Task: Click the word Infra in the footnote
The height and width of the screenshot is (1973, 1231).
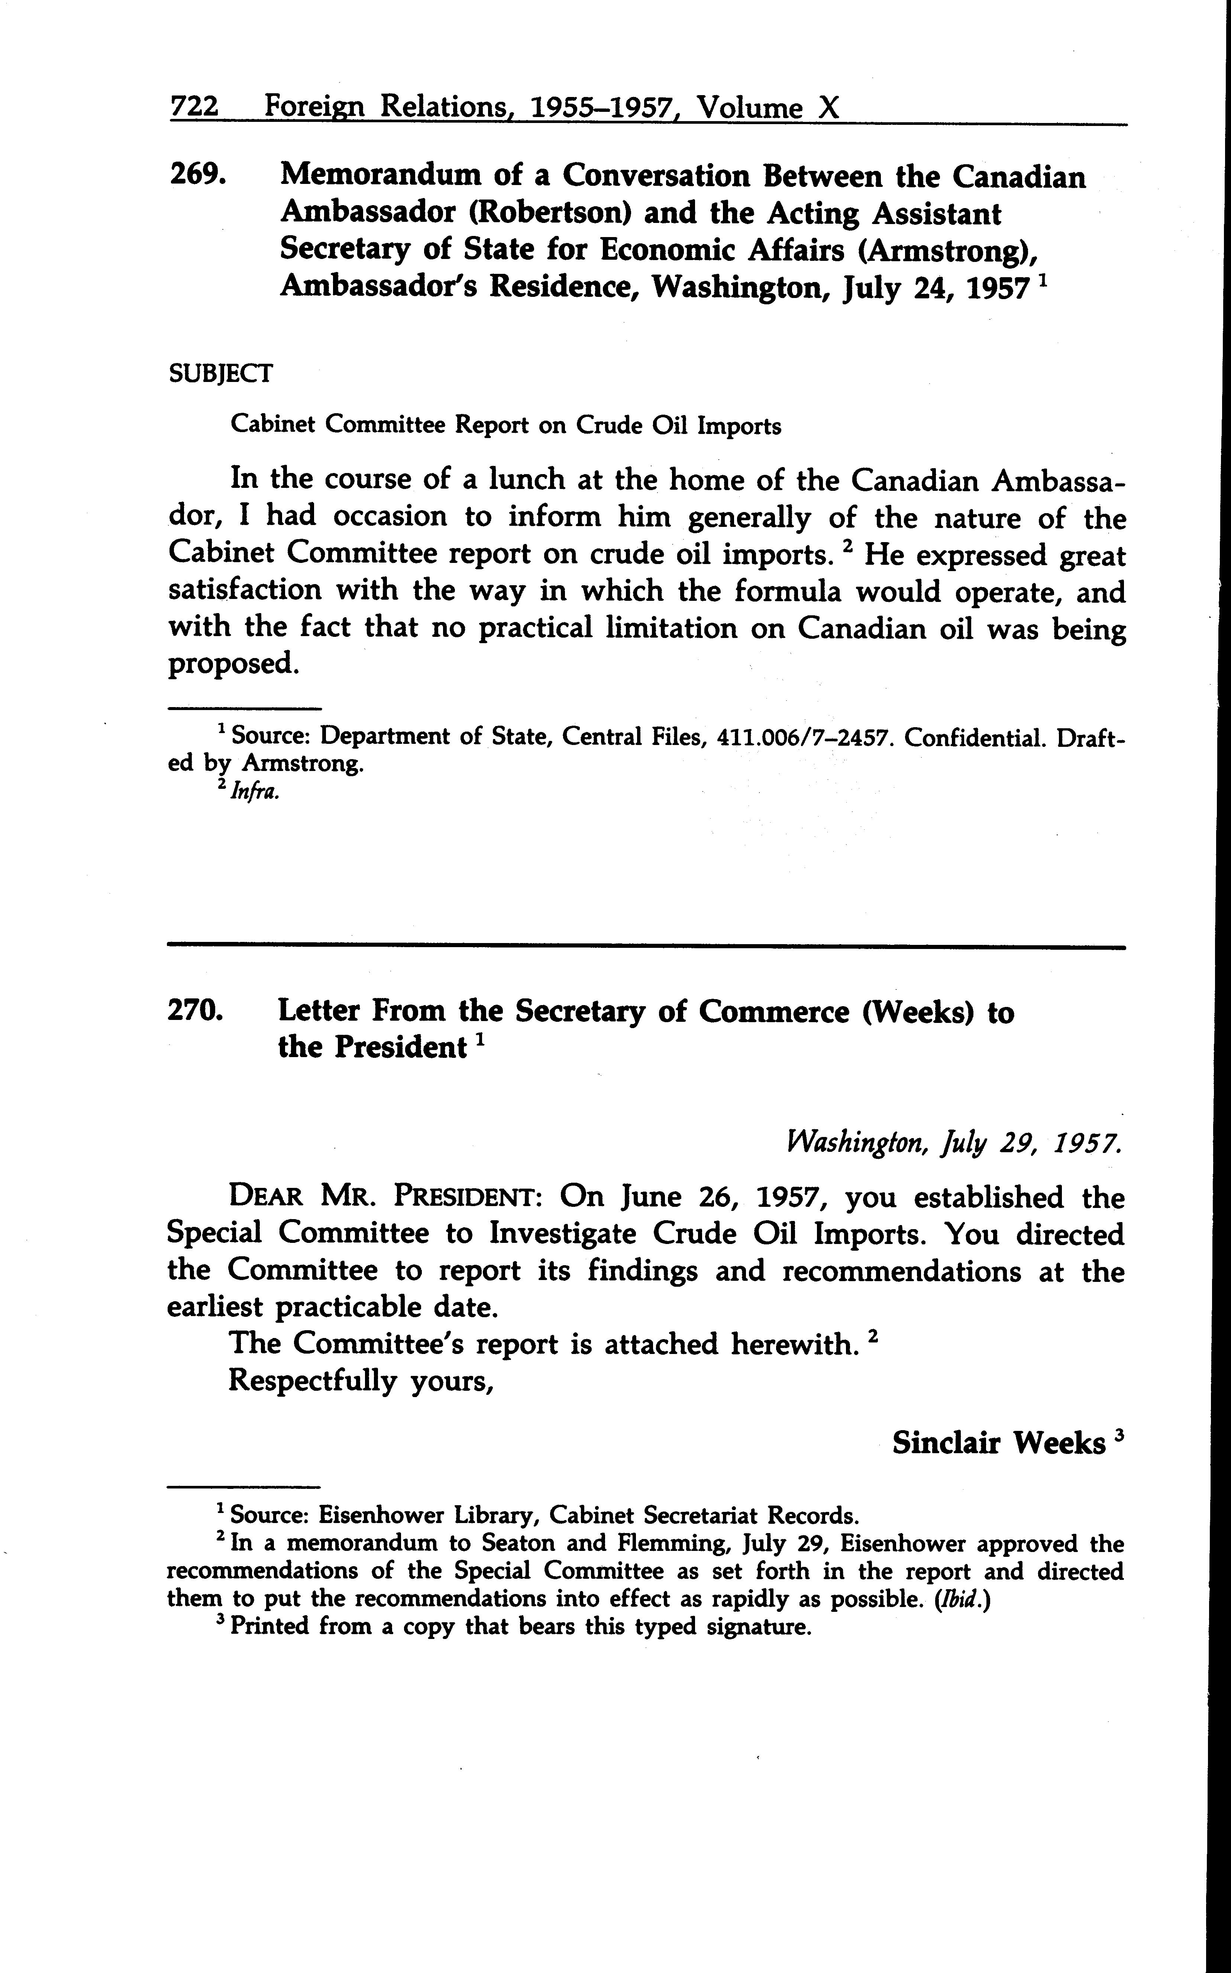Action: [255, 792]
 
